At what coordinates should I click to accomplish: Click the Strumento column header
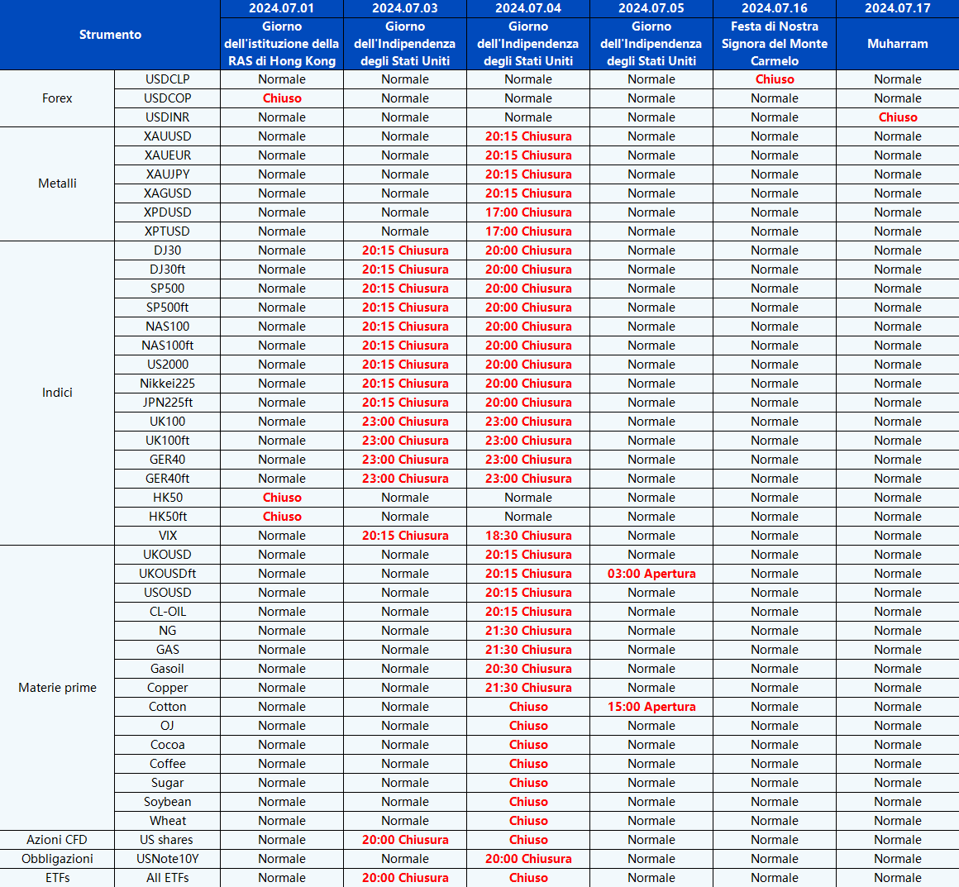point(110,35)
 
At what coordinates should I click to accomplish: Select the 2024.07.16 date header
point(774,8)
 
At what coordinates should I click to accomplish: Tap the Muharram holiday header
point(897,44)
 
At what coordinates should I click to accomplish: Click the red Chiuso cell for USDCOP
point(282,98)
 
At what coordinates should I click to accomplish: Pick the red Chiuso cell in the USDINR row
point(897,117)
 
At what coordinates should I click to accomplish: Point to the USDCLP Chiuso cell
point(774,79)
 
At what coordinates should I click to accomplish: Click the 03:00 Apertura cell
point(651,574)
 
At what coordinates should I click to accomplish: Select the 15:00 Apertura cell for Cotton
point(651,707)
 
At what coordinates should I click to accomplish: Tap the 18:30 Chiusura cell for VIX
point(528,536)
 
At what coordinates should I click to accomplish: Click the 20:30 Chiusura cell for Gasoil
point(528,669)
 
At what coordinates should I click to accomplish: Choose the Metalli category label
point(57,184)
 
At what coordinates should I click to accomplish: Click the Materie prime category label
point(57,688)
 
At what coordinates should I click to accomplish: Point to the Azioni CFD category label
point(57,840)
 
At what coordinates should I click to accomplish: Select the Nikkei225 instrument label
point(167,384)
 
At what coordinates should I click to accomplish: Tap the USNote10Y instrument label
point(167,859)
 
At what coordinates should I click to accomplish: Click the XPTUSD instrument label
point(167,231)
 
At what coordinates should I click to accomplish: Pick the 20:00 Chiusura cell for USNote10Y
point(528,859)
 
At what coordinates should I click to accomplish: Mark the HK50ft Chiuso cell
point(282,517)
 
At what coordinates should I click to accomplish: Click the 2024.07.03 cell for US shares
point(405,840)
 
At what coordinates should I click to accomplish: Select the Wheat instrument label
point(167,821)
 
